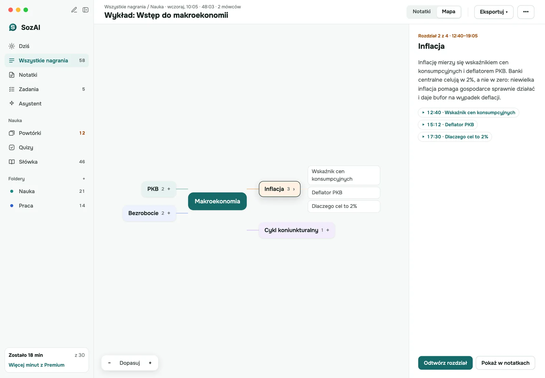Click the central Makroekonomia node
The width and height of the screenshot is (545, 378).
pos(217,201)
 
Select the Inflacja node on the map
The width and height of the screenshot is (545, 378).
pos(280,189)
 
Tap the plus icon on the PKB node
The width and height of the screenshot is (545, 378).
pos(169,189)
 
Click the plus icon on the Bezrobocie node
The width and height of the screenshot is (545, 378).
pos(169,213)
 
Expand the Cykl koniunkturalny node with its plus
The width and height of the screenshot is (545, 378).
pos(328,230)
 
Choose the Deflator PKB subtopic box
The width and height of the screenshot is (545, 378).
pos(344,193)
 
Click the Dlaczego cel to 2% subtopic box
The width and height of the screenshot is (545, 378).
pos(344,206)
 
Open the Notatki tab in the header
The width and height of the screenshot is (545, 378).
pos(422,12)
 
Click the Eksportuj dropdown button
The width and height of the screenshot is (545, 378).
pos(494,12)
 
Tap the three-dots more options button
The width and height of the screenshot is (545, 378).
pos(526,12)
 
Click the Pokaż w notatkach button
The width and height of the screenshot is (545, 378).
pos(505,363)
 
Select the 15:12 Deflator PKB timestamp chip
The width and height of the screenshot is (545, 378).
pos(448,125)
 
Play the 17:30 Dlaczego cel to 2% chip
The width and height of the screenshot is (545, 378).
pos(455,137)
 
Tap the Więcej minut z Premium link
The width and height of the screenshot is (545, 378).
pos(36,365)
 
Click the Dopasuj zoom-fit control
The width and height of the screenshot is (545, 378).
pos(130,363)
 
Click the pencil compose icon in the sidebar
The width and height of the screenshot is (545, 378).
pos(74,10)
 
